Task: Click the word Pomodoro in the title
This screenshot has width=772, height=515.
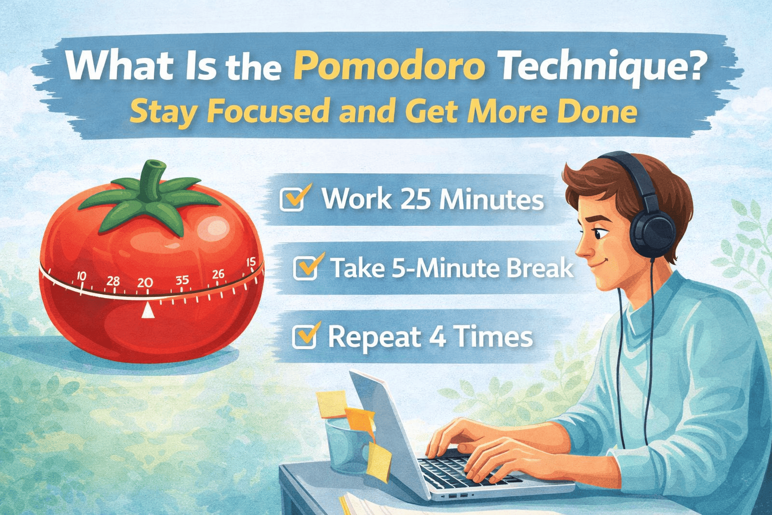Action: click(389, 67)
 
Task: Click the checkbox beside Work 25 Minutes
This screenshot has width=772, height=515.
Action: click(293, 199)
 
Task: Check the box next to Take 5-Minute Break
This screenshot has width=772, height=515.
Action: click(306, 268)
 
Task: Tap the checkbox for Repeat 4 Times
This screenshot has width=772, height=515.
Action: click(305, 336)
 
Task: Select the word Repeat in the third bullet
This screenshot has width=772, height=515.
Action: click(374, 336)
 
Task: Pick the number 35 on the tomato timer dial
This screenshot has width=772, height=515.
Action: click(182, 280)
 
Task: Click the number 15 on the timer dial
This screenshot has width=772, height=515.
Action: click(251, 262)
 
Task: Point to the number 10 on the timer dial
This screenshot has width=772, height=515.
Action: click(80, 276)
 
